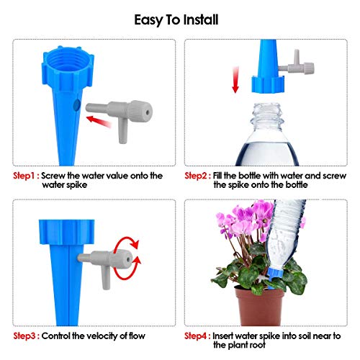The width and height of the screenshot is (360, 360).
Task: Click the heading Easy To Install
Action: [x=176, y=20]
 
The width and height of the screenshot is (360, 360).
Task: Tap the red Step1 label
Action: [x=26, y=176]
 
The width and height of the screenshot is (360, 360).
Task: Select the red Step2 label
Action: [x=198, y=176]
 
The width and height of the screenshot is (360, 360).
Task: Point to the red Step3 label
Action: [x=27, y=336]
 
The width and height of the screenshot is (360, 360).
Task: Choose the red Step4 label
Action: [x=198, y=336]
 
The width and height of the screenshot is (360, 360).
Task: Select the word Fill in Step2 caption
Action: [x=217, y=176]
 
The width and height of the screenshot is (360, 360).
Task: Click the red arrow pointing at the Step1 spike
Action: [x=99, y=121]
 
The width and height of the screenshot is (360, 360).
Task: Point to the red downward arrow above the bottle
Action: [x=235, y=80]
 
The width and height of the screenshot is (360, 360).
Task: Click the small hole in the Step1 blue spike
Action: [x=76, y=105]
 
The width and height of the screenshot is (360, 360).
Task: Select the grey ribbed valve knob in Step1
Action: [x=140, y=112]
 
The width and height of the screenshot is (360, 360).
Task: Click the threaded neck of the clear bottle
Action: [x=266, y=117]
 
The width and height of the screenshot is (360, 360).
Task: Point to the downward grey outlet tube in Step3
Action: [x=106, y=278]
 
